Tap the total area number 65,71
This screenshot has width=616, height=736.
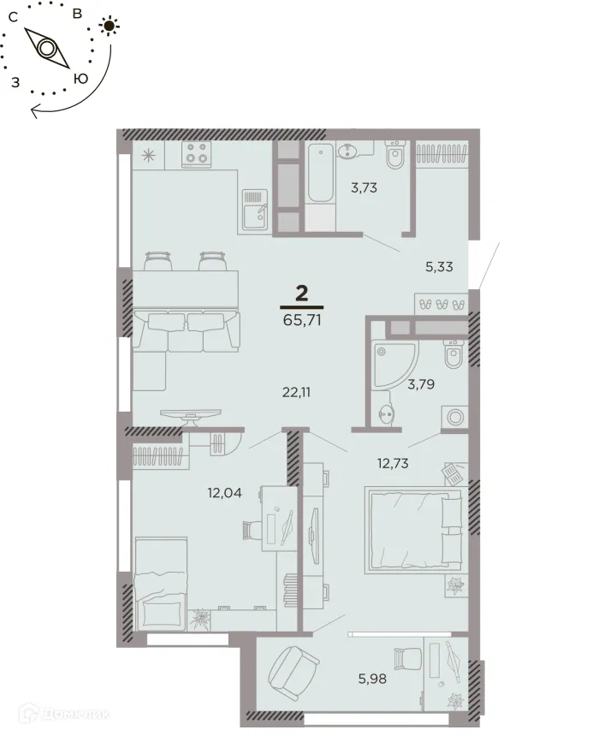point(302,322)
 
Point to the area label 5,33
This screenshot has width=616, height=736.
point(439,266)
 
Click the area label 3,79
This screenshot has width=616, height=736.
point(420,384)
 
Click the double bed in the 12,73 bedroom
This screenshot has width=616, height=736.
point(414,530)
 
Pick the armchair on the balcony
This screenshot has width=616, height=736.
point(293,674)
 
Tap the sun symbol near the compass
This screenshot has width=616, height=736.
point(108,25)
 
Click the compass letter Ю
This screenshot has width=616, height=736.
point(80,78)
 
